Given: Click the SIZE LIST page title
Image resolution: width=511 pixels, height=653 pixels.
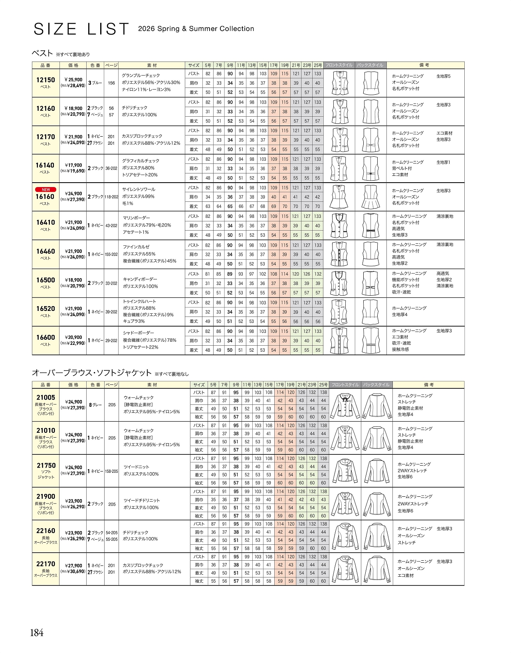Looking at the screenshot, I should [81, 29].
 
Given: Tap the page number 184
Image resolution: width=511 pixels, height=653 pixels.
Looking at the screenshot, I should [37, 633].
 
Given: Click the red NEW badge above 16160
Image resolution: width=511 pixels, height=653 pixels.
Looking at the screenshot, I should [46, 189].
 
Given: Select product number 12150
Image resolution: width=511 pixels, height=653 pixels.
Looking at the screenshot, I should [46, 80].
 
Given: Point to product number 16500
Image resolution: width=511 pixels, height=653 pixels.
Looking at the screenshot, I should [46, 280].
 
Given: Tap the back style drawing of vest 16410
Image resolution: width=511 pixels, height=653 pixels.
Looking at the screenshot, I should [371, 226].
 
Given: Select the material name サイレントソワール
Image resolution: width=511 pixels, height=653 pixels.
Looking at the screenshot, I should [139, 189].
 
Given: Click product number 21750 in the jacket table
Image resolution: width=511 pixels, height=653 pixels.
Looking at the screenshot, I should [46, 466].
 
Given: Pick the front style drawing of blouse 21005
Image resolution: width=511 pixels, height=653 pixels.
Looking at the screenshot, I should [345, 405].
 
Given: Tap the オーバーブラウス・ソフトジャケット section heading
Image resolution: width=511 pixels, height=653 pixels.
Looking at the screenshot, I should [92, 373].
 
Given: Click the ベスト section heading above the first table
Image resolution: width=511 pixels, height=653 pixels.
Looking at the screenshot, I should [42, 53].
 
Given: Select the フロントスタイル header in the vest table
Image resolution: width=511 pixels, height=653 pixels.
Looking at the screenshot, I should [339, 65].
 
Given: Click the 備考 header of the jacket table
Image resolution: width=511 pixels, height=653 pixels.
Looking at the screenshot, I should [428, 385].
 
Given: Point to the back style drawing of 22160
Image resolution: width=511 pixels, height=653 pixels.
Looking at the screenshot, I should [376, 536].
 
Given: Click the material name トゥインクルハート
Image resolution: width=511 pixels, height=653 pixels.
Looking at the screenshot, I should [139, 301].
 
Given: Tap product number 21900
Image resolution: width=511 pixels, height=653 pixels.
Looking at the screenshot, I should [46, 496].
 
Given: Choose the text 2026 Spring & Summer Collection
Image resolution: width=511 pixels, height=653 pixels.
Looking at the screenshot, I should [196, 29].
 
